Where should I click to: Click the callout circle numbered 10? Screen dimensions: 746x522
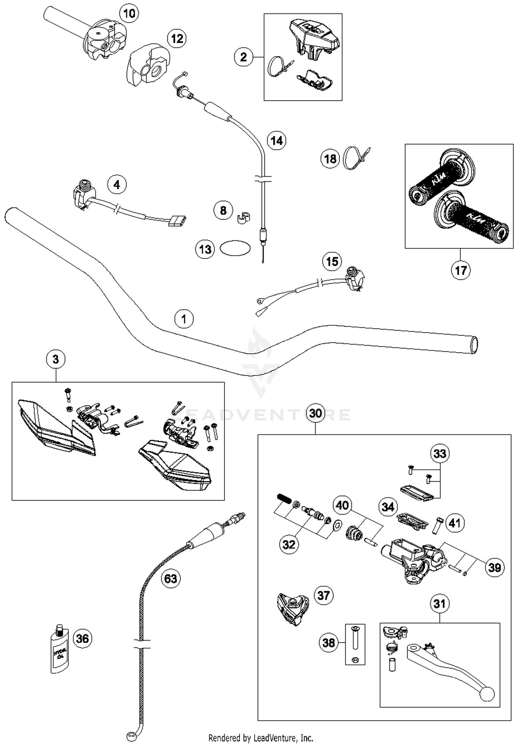click(x=129, y=14)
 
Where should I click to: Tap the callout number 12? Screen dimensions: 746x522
click(x=177, y=38)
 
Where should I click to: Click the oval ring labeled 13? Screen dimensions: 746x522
click(x=235, y=248)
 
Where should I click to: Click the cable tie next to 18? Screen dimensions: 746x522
click(x=355, y=158)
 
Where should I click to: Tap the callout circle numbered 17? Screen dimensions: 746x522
click(x=461, y=270)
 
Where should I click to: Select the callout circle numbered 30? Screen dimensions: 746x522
click(x=315, y=413)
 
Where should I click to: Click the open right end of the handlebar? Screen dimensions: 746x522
click(x=474, y=345)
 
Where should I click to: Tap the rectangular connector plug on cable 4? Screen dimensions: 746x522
click(x=177, y=221)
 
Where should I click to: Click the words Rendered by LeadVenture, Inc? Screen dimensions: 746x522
click(x=261, y=737)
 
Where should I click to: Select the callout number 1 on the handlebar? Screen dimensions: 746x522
click(x=184, y=319)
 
